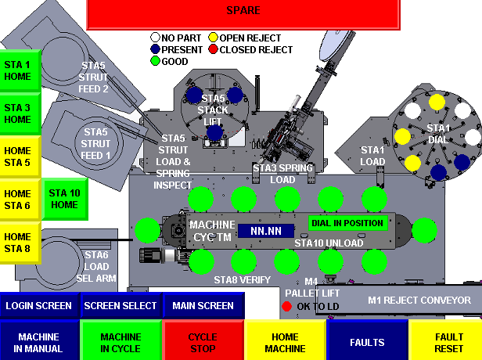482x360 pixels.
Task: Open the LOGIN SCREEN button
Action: click(39, 306)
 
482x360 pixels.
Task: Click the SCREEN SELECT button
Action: click(120, 306)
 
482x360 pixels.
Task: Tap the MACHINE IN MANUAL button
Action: click(39, 341)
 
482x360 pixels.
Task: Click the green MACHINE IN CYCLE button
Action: click(120, 341)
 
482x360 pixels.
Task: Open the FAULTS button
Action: click(367, 341)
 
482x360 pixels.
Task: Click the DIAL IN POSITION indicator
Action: click(348, 222)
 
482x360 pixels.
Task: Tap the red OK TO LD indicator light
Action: click(286, 306)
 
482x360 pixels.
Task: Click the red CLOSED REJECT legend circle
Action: click(213, 49)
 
